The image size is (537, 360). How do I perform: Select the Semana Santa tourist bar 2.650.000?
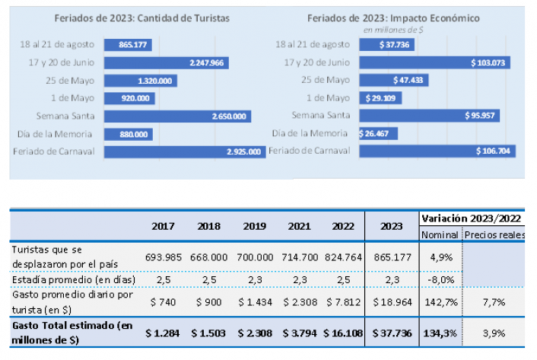pyautogui.click(x=178, y=116)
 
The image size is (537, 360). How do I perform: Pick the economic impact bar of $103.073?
pyautogui.click(x=434, y=62)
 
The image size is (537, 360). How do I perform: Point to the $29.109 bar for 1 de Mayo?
pyautogui.click(x=380, y=98)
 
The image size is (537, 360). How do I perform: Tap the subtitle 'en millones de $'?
pyautogui.click(x=394, y=30)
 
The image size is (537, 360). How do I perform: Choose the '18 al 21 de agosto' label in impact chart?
pyautogui.click(x=313, y=45)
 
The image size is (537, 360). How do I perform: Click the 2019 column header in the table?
pyautogui.click(x=255, y=226)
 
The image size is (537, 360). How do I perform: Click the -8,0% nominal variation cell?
pyautogui.click(x=440, y=279)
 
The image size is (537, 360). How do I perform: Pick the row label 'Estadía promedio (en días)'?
pyautogui.click(x=74, y=279)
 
